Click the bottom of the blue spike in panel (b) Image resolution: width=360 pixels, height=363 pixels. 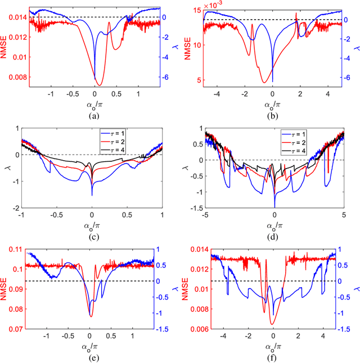pyautogui.click(x=273, y=81)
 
